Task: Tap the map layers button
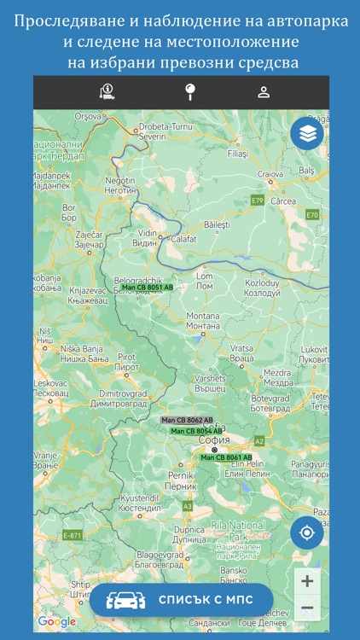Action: point(307,133)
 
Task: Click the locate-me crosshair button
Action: point(307,533)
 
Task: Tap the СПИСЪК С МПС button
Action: point(181,600)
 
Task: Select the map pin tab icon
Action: point(181,92)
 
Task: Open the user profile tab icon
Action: point(264,92)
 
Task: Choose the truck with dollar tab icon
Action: point(107,92)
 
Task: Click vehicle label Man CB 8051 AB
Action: point(147,288)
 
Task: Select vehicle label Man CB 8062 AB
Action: point(187,420)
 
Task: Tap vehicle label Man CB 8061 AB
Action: point(226,457)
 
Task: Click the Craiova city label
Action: point(270,173)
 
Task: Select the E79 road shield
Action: point(258,200)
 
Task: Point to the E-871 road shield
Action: point(72,535)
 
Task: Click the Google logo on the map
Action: point(56,621)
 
